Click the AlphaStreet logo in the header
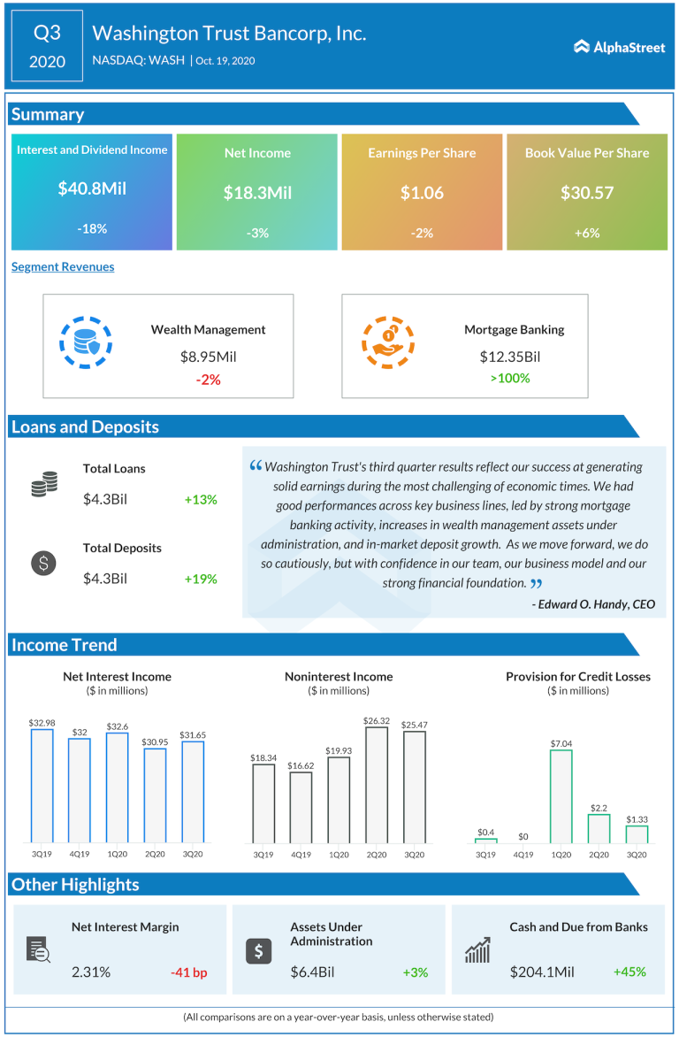(619, 47)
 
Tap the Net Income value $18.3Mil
(257, 192)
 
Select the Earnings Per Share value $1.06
(422, 192)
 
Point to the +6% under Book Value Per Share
(587, 233)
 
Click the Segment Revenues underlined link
(63, 266)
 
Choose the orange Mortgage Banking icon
(388, 342)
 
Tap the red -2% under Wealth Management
(208, 379)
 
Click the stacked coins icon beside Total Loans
(44, 483)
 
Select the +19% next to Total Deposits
(201, 579)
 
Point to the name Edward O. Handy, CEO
(593, 604)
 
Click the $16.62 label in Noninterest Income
(301, 763)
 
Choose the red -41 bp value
(188, 972)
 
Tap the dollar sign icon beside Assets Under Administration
(257, 951)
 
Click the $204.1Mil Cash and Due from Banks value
(542, 972)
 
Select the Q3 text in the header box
(47, 34)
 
